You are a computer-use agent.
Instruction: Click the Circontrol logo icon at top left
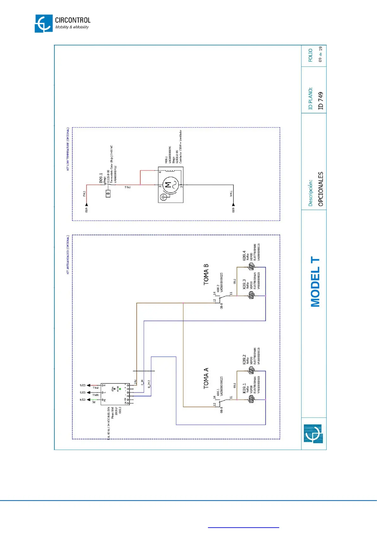43,23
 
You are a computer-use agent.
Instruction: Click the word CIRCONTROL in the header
72,20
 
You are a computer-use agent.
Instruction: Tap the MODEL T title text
315,282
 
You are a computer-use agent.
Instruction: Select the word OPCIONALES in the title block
321,189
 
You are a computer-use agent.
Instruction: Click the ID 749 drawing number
321,101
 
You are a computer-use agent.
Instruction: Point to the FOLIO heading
310,55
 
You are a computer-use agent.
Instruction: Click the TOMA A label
206,378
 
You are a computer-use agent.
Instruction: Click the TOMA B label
206,274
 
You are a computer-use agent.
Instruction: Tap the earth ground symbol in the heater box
164,197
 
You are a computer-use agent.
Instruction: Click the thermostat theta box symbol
108,193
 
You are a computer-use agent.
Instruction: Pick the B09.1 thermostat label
101,178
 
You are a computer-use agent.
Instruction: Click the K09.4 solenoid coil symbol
251,267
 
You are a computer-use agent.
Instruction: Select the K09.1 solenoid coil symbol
251,399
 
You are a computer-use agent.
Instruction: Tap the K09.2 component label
244,359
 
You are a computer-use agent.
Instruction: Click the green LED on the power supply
120,389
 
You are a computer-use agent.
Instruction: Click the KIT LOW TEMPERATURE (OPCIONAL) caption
68,149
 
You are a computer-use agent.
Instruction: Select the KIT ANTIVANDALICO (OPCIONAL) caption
68,254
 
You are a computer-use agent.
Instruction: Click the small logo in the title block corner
313,433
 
